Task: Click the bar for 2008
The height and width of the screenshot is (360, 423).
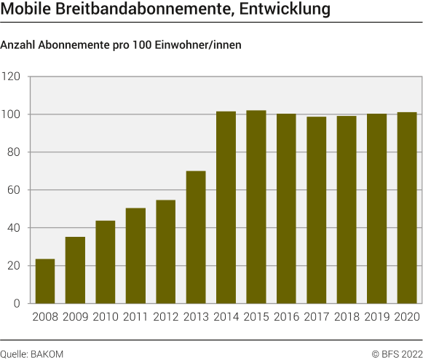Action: point(45,281)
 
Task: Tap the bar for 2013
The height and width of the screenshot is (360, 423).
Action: point(196,238)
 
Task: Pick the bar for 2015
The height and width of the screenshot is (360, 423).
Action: point(256,207)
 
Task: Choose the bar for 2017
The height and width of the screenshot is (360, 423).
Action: point(317,210)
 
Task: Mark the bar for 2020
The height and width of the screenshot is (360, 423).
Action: point(407,208)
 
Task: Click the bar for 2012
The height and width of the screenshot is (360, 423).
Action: point(166,251)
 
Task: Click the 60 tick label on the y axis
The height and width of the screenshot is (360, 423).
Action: point(14,190)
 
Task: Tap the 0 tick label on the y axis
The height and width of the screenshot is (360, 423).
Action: point(17,304)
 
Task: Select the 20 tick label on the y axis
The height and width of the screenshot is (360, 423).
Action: point(14,266)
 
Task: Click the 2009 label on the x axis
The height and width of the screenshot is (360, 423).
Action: point(75,318)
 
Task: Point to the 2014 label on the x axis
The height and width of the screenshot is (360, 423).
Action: point(226,318)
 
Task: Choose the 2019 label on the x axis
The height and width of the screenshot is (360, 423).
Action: point(376,318)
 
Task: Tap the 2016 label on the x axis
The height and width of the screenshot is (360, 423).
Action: point(286,318)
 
